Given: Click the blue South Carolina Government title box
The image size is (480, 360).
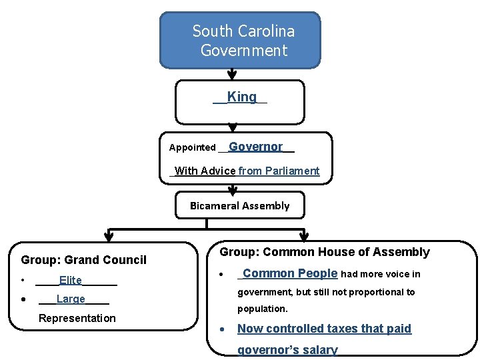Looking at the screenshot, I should (240, 40).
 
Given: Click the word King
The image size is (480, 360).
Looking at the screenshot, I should (241, 97).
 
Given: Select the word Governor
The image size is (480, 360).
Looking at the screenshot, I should (256, 147).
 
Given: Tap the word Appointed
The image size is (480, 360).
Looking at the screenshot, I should (192, 147).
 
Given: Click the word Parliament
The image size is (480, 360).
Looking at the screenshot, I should (292, 171).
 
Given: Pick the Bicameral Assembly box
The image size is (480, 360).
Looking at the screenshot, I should (240, 205).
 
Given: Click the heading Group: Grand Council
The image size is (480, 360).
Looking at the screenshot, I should (84, 260).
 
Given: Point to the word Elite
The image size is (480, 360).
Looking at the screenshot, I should (71, 281).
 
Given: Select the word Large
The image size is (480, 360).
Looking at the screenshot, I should (71, 299).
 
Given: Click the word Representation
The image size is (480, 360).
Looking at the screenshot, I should (77, 318).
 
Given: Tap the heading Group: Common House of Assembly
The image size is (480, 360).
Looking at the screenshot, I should (325, 252).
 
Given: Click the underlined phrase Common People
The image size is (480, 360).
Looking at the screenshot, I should (290, 273).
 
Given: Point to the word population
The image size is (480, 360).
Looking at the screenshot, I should (263, 309).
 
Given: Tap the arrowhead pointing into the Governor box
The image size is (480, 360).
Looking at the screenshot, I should (232, 127).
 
